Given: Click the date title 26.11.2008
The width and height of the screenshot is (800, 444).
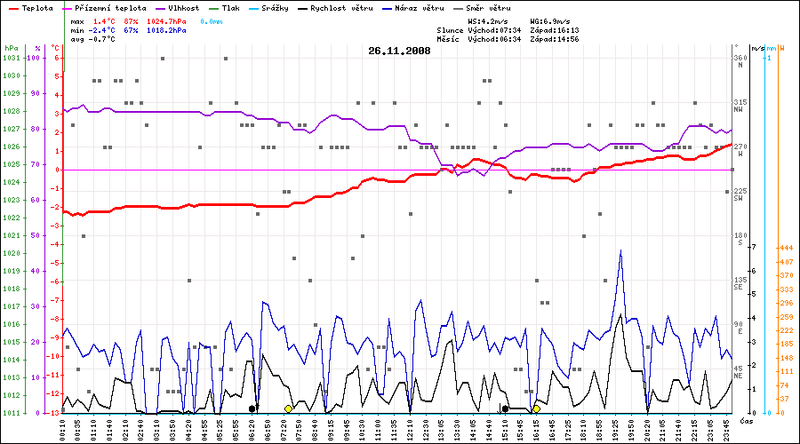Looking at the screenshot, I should [x=399, y=51].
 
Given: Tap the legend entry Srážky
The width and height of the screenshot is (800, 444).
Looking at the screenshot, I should [x=274, y=7].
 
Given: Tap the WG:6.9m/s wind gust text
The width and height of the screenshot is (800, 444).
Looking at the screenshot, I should [x=549, y=20].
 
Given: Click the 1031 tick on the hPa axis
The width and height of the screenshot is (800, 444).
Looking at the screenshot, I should [x=11, y=58].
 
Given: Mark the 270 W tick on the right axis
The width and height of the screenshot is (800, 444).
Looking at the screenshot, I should [x=739, y=149].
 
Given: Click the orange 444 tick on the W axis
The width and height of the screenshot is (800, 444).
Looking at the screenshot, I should [x=785, y=248].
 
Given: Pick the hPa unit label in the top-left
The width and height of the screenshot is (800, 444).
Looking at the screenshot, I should [x=11, y=47].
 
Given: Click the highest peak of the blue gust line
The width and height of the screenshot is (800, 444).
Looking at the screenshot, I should [x=620, y=250].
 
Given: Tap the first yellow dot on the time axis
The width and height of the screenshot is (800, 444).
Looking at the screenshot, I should [x=288, y=408].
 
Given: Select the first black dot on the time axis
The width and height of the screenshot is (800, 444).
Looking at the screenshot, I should [x=252, y=408].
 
